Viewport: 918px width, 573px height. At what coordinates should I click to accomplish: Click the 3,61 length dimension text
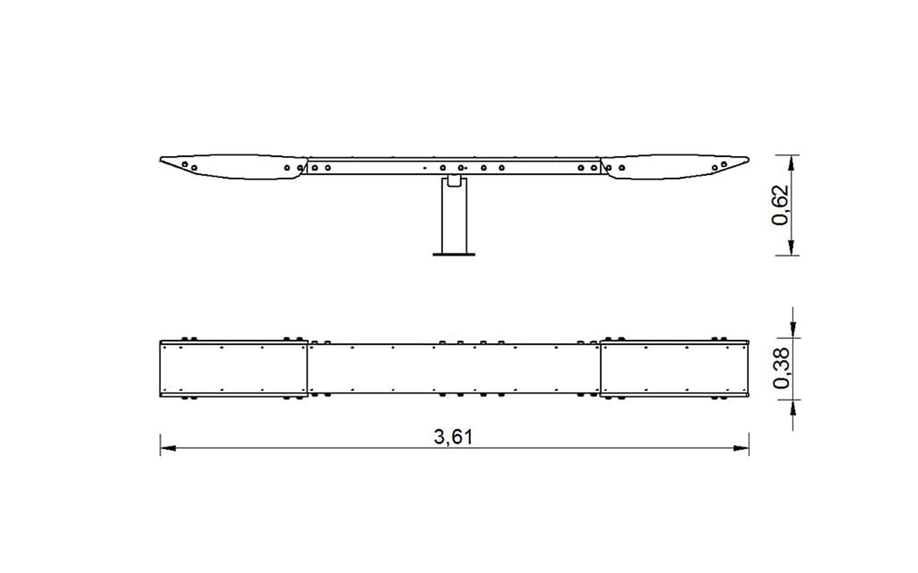(453, 437)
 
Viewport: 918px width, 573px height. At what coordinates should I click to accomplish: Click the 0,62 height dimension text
(780, 205)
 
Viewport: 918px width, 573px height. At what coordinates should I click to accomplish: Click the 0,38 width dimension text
(781, 368)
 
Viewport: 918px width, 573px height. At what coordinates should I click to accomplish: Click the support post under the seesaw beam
(454, 216)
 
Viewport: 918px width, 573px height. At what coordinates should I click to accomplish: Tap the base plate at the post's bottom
(454, 254)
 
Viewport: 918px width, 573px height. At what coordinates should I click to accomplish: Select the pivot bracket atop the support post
(454, 181)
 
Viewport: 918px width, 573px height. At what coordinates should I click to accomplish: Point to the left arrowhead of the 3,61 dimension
(168, 448)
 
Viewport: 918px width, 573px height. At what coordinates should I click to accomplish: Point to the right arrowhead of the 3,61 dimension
(741, 448)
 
